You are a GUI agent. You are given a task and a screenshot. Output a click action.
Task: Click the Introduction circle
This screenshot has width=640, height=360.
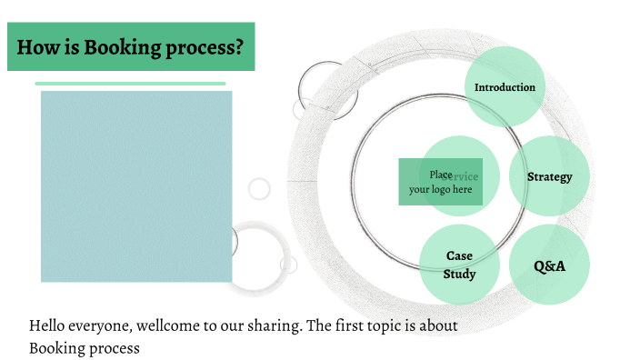[x=505, y=87]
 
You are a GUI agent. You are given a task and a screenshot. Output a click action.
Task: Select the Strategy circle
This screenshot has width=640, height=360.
[x=549, y=176]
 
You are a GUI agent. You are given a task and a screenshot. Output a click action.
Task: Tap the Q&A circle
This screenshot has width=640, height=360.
[x=549, y=265]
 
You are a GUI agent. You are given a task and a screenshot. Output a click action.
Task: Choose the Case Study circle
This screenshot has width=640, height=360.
[x=459, y=265]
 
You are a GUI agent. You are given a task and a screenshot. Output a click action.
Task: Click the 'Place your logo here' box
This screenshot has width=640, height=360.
[x=440, y=182]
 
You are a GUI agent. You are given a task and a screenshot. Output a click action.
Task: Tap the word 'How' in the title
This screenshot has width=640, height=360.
[x=37, y=47]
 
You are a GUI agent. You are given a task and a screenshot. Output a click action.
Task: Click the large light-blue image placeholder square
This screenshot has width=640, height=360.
[x=136, y=186]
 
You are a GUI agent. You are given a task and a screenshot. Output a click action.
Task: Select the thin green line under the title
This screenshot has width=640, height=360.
[x=130, y=84]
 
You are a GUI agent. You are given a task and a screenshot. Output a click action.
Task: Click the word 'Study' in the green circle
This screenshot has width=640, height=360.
[x=459, y=274]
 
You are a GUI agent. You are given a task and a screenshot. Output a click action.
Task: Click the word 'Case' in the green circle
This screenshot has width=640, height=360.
[x=459, y=255]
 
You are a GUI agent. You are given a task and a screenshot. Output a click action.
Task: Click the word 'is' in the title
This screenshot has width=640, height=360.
[x=70, y=47]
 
